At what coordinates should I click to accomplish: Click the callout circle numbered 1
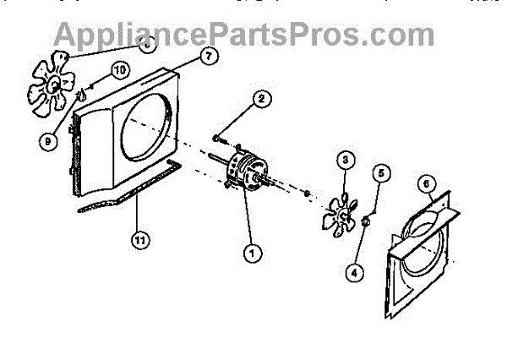click(250, 251)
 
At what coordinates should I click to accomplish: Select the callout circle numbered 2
click(262, 99)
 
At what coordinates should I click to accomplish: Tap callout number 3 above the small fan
click(345, 160)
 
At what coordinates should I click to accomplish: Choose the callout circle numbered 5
click(381, 174)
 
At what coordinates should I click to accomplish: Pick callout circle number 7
click(207, 57)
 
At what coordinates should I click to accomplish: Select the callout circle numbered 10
click(118, 68)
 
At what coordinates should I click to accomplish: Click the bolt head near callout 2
click(217, 137)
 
